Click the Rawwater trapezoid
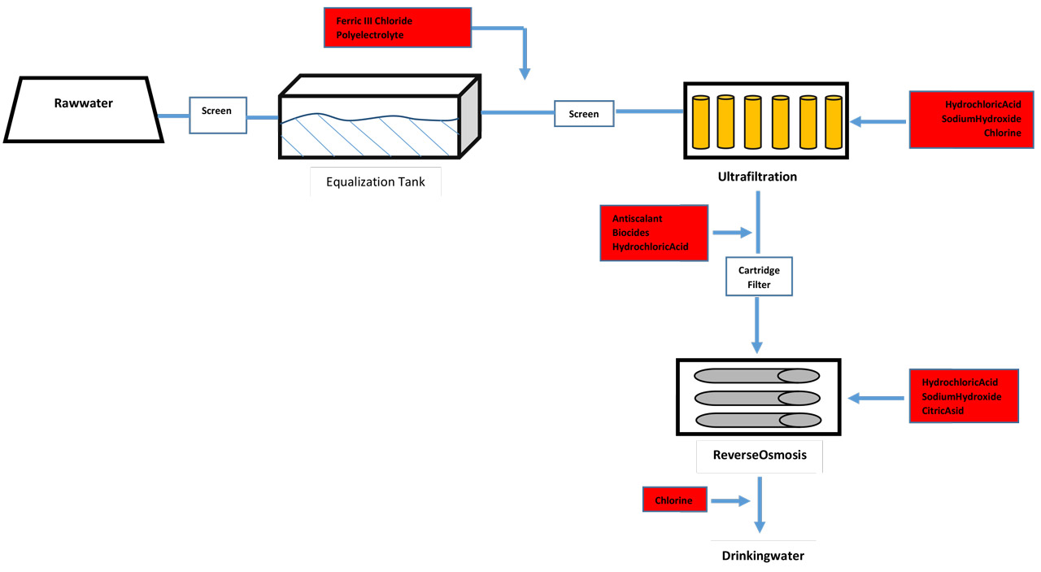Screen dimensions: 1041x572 pos(84,109)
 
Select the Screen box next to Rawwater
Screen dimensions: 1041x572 pos(218,116)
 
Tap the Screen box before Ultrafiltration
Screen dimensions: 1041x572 pos(584,113)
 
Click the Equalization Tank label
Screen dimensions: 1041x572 pos(376,181)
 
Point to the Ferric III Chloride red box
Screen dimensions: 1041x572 pos(398,28)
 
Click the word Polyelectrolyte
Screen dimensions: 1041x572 pos(370,35)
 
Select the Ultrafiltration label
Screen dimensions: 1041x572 pos(757,177)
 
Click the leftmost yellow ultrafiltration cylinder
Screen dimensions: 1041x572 pos(701,122)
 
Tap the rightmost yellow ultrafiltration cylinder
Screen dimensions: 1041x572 pos(834,122)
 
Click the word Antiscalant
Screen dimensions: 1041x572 pos(637,219)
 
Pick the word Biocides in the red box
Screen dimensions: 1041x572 pos(630,233)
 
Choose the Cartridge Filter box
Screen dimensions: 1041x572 pos(760,277)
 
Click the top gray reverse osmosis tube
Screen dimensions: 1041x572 pos(756,376)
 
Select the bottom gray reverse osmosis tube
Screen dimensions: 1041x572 pos(759,421)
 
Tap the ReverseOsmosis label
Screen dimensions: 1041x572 pos(760,455)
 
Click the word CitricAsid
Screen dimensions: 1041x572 pos(943,411)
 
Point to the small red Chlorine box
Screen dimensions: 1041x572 pos(675,500)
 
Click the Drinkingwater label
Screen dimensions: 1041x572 pos(763,556)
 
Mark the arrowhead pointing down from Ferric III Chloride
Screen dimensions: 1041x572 pos(525,74)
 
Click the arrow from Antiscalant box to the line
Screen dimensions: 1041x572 pos(733,233)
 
